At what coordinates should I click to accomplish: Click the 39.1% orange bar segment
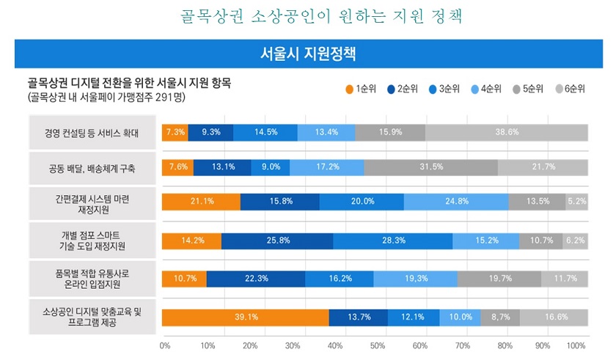246,317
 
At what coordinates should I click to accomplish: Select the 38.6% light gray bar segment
507,132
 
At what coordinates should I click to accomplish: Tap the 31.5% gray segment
430,166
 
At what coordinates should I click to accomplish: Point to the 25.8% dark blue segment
277,240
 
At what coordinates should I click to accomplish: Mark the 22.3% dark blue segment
256,279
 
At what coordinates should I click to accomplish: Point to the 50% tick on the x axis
377,345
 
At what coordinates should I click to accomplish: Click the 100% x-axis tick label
576,345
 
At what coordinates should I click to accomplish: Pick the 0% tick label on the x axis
165,345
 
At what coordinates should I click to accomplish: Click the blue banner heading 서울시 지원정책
308,54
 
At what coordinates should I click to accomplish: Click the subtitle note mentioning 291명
106,97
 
